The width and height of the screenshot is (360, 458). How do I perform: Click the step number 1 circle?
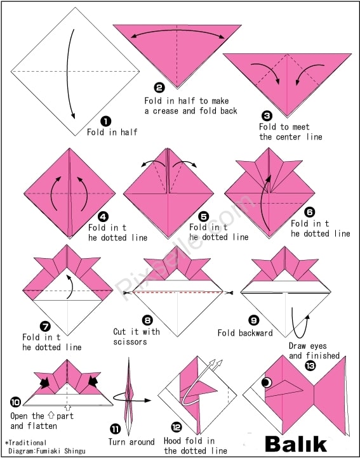[x=105, y=121]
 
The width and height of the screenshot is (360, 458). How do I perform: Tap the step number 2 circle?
[x=159, y=88]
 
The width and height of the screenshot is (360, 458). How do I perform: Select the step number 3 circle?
[x=267, y=116]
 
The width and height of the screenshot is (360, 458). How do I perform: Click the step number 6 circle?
[x=310, y=212]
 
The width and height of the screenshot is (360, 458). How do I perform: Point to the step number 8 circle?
[x=148, y=320]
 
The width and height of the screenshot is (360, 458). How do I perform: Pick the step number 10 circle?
[x=15, y=402]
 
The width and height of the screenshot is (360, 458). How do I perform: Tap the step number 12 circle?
[x=176, y=428]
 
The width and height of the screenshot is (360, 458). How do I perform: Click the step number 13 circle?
[x=310, y=365]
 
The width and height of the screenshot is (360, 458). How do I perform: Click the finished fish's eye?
[x=267, y=383]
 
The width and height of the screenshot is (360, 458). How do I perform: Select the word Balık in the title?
[x=295, y=444]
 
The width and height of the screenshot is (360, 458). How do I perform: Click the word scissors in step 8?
[x=130, y=342]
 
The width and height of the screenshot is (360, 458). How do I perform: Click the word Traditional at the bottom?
[x=27, y=443]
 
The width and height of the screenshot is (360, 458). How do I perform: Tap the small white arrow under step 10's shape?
[x=68, y=407]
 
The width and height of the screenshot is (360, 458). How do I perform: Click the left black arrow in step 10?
[x=44, y=383]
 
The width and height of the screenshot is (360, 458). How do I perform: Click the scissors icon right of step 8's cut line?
[x=229, y=292]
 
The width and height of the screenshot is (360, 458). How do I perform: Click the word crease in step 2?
[x=166, y=111]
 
